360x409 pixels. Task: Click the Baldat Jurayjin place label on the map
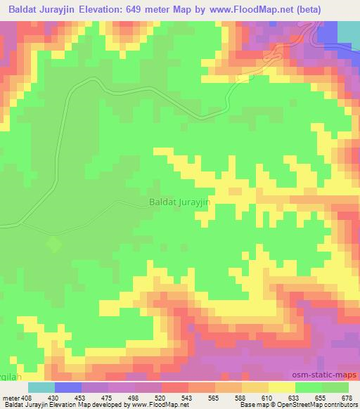coord(181,201)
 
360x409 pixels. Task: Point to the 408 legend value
coord(27,397)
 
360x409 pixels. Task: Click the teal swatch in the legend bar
coord(41,387)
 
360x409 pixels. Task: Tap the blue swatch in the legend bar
coord(68,387)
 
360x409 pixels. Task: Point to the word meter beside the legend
coord(10,397)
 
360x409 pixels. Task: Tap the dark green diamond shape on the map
coord(52,245)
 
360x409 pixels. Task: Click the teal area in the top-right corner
coord(348,32)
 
